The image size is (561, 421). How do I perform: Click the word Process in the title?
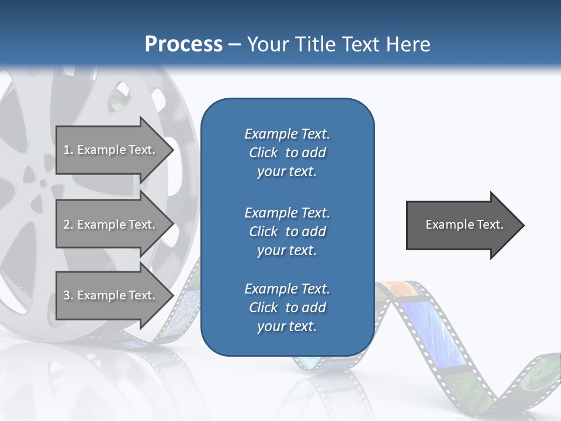[183, 44]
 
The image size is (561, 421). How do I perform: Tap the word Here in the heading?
[408, 44]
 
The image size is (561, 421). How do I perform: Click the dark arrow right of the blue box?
[462, 225]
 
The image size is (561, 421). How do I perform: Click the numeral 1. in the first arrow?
[68, 150]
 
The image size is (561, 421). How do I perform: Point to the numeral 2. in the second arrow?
[68, 225]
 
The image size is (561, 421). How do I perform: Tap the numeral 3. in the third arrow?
[68, 295]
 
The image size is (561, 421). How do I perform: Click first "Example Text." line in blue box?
[287, 134]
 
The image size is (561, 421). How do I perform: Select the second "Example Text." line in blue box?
[287, 212]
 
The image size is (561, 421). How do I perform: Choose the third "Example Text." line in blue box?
[287, 289]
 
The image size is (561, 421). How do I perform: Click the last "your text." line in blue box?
[287, 326]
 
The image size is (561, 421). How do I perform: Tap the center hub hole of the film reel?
[43, 184]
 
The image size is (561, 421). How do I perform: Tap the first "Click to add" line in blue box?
[287, 153]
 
